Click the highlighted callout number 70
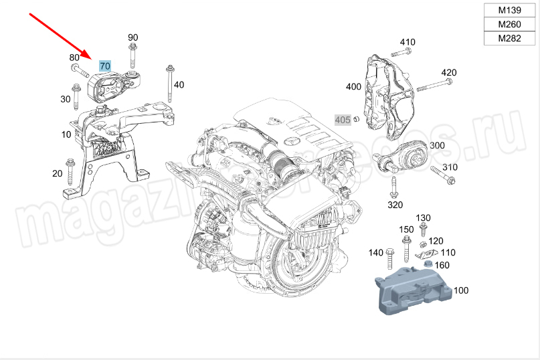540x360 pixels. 105,66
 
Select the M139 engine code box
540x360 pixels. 511,11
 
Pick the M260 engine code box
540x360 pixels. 511,25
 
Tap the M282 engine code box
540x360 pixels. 511,38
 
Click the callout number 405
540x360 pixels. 343,120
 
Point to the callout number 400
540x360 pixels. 353,86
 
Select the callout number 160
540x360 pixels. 442,265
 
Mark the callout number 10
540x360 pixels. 66,134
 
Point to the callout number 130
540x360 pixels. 424,218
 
